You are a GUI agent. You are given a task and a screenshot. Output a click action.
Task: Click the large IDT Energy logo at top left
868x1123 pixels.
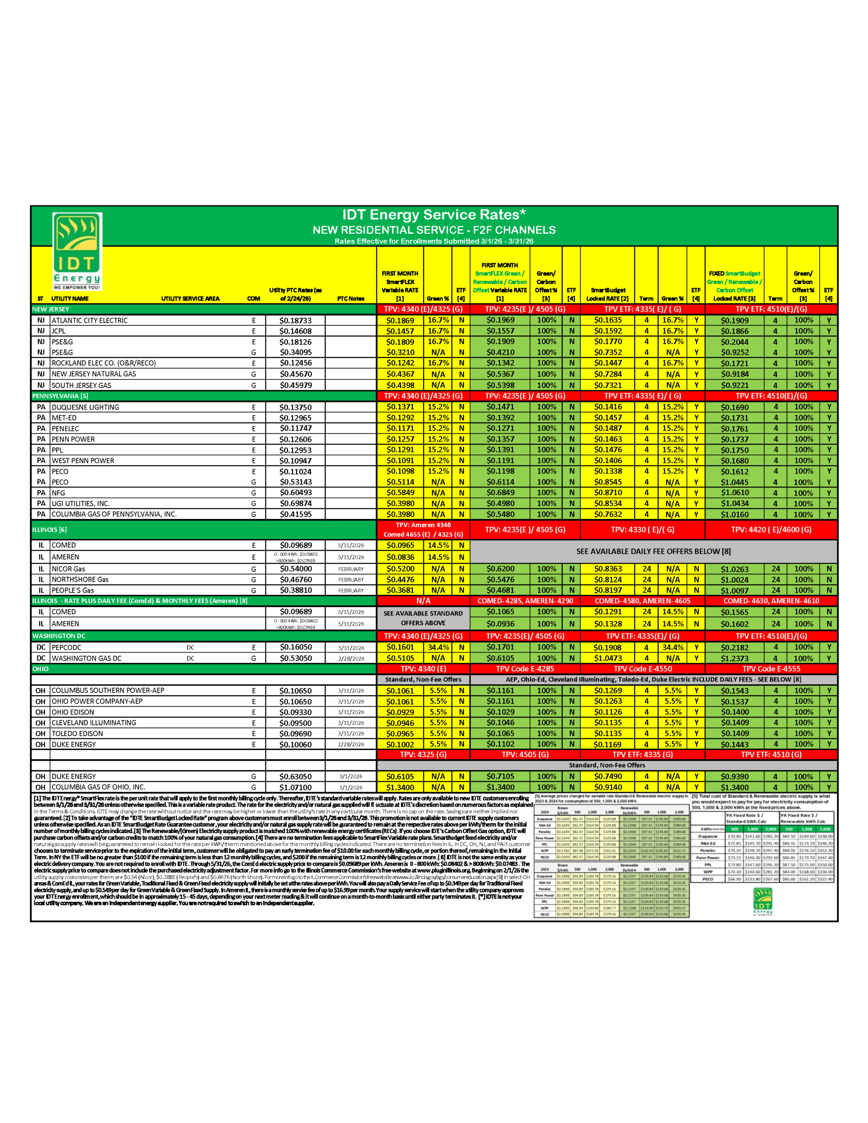(77, 251)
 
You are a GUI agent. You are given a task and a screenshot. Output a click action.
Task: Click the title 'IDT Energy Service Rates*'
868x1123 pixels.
(434, 215)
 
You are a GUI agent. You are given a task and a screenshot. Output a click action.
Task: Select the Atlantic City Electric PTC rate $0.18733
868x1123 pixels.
(295, 320)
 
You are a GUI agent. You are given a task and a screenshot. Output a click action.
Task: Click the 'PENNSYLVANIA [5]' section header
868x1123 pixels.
(60, 396)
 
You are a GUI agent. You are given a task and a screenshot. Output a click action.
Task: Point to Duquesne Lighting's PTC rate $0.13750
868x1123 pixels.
(295, 407)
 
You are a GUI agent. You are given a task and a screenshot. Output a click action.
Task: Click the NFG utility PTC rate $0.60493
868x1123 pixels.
(295, 493)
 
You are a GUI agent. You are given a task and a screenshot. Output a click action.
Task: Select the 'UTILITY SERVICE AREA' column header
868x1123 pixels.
(190, 299)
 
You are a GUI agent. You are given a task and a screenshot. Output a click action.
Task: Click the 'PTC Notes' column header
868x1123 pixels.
(350, 299)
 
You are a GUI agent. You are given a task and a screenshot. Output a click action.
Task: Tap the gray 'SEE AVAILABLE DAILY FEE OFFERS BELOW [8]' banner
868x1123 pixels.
(653, 551)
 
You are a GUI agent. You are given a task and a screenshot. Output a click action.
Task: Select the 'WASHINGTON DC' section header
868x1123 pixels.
(59, 636)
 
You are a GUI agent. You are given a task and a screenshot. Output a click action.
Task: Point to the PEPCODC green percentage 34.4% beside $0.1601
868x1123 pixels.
(438, 647)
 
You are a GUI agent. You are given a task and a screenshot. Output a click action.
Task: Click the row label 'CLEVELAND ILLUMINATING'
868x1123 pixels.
(93, 723)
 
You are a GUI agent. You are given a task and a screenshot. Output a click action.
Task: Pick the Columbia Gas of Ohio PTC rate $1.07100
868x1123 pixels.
(295, 787)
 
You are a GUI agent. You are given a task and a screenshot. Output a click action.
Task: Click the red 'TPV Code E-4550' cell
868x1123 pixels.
(642, 669)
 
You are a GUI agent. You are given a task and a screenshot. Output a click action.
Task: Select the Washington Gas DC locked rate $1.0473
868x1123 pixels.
(607, 658)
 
